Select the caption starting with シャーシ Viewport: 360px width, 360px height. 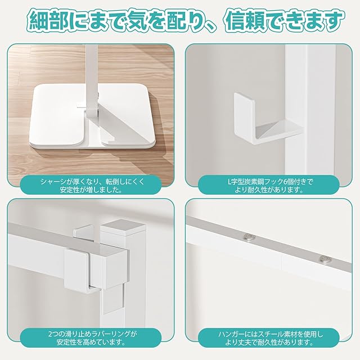tap(92, 186)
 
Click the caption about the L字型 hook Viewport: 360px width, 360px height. tap(269, 186)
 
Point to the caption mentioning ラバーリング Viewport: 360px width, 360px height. tap(92, 339)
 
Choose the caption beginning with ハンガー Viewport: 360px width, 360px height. tap(269, 339)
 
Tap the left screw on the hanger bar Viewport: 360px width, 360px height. tap(250, 237)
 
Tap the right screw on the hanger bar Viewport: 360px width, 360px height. tap(326, 259)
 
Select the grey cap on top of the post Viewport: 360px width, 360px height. tap(123, 226)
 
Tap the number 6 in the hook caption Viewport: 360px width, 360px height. tap(285, 182)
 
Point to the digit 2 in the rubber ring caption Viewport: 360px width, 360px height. tap(50, 334)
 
